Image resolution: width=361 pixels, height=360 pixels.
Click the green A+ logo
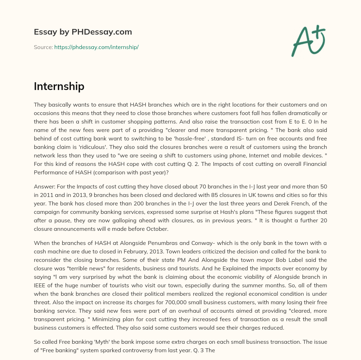coord(308,41)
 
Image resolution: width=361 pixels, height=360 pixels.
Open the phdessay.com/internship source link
coord(96,47)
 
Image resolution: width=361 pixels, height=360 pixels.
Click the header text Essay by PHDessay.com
coord(83,32)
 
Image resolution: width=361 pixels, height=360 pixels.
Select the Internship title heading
coord(59,86)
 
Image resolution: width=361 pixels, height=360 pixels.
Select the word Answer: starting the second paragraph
coord(45,186)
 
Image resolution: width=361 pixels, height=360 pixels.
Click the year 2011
coord(47,194)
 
